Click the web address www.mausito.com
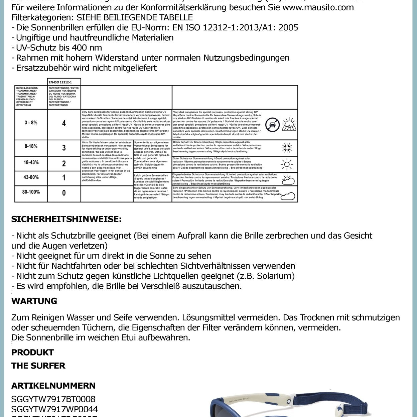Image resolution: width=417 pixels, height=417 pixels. click(x=318, y=7)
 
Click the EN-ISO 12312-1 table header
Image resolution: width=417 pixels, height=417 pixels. click(x=64, y=82)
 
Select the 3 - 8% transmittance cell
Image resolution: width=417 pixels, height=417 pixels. click(x=31, y=123)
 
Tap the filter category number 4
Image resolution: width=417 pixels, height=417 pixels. click(x=64, y=123)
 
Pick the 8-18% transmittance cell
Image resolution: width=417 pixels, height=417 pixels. click(x=31, y=146)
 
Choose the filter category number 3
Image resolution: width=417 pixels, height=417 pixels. click(x=64, y=148)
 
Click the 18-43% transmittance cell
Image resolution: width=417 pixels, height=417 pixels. click(x=31, y=162)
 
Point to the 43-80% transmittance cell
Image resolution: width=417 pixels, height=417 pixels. click(x=31, y=177)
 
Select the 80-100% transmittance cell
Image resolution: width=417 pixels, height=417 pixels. click(x=31, y=192)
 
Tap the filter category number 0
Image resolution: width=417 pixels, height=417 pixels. click(x=64, y=193)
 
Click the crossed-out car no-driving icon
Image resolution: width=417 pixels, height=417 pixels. click(x=272, y=125)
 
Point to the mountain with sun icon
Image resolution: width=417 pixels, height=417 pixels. click(x=289, y=124)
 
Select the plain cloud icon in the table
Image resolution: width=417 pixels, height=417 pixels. click(x=288, y=196)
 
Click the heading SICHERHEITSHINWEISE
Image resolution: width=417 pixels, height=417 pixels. click(x=66, y=220)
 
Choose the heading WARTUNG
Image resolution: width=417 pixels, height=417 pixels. click(x=34, y=301)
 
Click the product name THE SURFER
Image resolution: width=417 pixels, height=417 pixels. click(x=38, y=366)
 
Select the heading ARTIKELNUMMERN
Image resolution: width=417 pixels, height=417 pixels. click(x=53, y=386)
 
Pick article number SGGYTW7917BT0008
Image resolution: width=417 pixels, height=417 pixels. click(x=53, y=399)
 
